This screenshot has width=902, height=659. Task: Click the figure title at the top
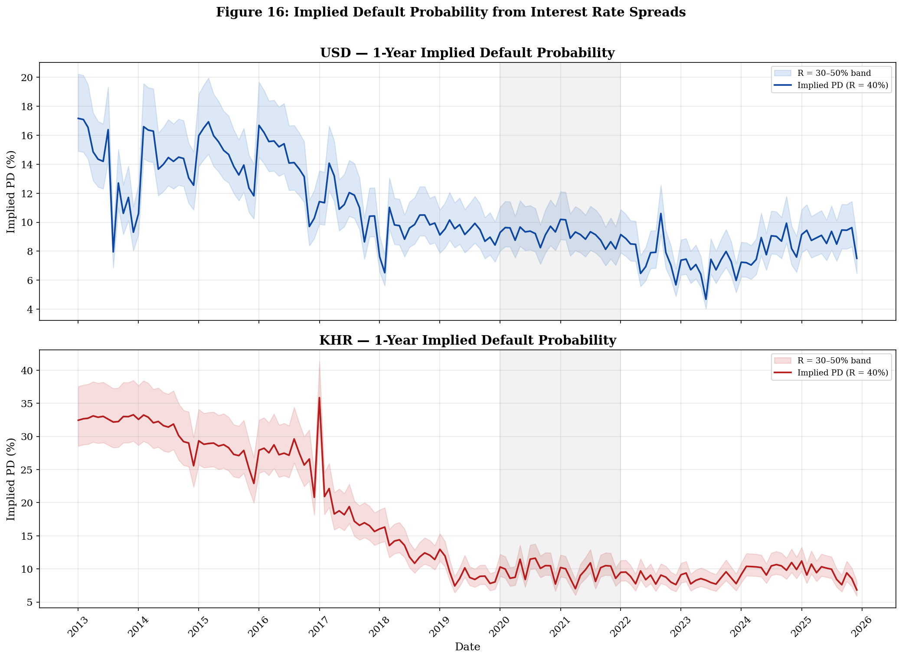point(451,12)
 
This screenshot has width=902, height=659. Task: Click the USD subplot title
point(467,53)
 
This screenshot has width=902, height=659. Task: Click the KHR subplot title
point(467,340)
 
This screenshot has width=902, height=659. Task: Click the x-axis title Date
point(467,647)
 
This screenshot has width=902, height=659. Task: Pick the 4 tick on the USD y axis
point(30,310)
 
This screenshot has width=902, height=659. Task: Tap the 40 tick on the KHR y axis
point(27,371)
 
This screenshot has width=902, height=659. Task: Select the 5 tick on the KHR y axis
point(30,602)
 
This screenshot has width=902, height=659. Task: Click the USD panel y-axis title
point(11,192)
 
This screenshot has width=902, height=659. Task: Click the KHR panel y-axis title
point(11,479)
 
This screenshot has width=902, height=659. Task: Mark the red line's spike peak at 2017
point(319,398)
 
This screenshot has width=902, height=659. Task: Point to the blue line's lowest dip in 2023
point(706,299)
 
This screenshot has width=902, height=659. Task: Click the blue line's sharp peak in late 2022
point(661,213)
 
